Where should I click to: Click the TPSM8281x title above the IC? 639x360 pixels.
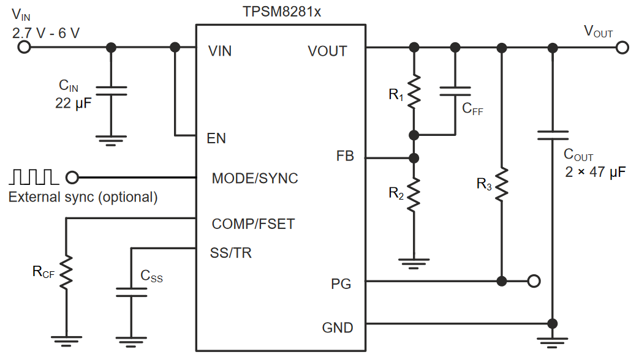coord(282,12)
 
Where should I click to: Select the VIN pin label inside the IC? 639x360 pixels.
coord(220,51)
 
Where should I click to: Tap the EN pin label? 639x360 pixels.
coord(216,138)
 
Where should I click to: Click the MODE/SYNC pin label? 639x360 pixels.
coord(255,178)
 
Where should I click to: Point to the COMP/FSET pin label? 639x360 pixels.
coord(253,224)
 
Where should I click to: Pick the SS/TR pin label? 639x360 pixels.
coord(230,253)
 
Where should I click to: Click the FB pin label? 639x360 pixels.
coord(345,156)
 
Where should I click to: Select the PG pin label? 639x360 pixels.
coord(341,284)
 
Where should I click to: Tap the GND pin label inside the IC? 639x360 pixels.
coord(338,328)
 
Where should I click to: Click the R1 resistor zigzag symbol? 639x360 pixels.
coord(414,91)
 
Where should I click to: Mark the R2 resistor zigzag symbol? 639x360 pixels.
coord(414,195)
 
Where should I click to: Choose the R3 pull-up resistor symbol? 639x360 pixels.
coord(502,184)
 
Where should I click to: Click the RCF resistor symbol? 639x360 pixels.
coord(66,272)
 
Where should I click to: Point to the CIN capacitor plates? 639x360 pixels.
coord(111,91)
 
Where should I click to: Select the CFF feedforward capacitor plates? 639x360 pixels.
coord(455,91)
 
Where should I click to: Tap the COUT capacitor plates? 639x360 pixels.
coord(553,135)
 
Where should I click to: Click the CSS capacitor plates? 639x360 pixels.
coord(131,292)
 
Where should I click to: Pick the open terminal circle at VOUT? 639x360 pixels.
coord(622,48)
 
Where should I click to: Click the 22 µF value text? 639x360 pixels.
coord(74,103)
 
